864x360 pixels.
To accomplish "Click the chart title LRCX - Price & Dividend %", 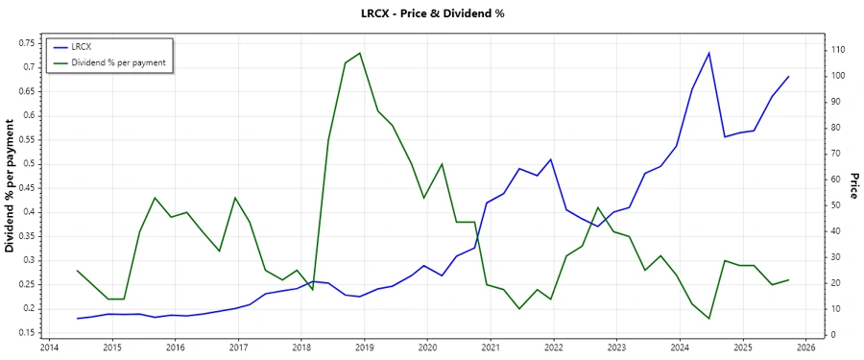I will (x=431, y=13).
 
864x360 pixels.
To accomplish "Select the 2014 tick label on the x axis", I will (x=49, y=348).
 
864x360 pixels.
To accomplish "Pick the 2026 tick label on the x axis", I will (x=805, y=348).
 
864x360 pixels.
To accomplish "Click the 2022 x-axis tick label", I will (x=554, y=348).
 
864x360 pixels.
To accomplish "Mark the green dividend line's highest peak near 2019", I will (x=360, y=53).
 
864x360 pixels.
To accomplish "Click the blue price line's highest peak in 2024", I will (x=708, y=53).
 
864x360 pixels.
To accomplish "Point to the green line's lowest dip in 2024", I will (x=708, y=319).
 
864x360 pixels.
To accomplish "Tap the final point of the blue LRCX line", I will (x=788, y=77).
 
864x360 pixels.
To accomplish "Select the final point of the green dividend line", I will (x=788, y=279).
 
